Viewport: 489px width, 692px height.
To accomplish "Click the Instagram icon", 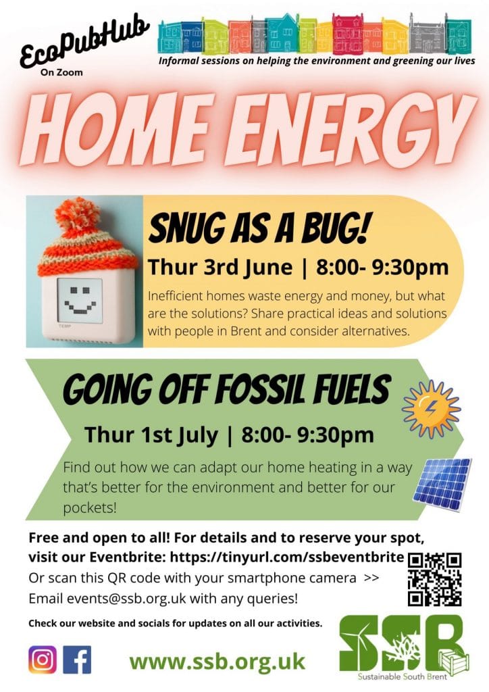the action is coord(43,660).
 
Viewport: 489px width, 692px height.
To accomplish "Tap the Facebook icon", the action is coord(77,660).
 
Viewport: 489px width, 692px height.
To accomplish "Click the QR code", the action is coord(434,579).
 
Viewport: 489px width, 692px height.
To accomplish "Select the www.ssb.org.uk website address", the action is coord(217,661).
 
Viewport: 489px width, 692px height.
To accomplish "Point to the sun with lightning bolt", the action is coord(431,409).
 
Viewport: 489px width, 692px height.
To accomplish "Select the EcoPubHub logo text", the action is coord(84,41).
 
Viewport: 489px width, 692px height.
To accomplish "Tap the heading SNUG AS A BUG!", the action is coord(258,228).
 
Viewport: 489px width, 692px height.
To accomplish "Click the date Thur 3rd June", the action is coord(220,267).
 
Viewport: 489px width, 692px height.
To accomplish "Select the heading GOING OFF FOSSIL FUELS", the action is coord(227,389).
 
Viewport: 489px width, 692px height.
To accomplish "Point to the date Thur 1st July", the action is coord(151,435).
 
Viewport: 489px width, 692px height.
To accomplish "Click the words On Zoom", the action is coord(61,72).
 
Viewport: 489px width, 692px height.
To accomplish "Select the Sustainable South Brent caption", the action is coord(402,676).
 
